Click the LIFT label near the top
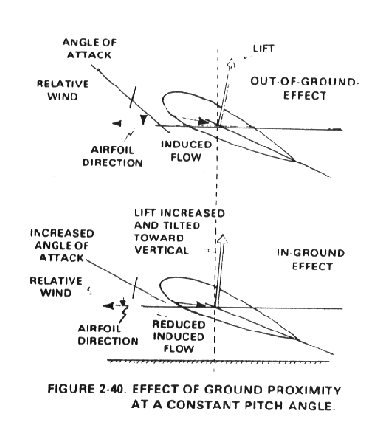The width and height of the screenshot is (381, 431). [263, 49]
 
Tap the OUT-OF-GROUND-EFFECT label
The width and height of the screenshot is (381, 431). [305, 88]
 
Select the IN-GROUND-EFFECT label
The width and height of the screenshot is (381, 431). [311, 260]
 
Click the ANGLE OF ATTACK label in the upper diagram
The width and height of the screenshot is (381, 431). [89, 49]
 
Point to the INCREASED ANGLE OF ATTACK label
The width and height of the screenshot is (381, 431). [62, 246]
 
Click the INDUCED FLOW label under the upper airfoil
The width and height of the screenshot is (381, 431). [186, 150]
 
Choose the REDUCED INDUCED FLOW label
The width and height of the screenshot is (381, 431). [179, 336]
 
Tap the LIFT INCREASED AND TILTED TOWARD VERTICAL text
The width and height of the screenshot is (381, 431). [180, 232]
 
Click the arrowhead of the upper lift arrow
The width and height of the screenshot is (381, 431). [231, 63]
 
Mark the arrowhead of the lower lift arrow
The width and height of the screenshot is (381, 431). [222, 239]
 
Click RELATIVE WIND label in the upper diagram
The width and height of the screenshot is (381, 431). [63, 90]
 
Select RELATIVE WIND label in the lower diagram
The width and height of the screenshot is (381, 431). [56, 286]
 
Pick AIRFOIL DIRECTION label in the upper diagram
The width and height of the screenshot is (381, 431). [112, 156]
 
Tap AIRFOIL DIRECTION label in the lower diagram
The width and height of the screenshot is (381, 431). [108, 334]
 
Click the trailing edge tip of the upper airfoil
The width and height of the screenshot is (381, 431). [294, 161]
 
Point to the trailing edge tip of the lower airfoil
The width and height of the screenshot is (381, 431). [298, 339]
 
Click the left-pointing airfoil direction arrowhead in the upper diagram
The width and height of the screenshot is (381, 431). [117, 124]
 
